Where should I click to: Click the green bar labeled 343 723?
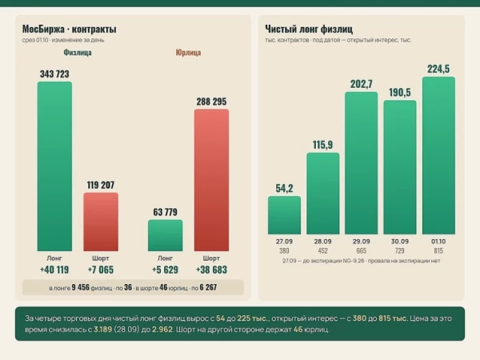tap(54, 166)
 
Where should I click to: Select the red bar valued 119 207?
tap(101, 222)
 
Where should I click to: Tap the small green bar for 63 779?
tap(166, 235)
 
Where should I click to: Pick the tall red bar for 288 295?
tap(211, 180)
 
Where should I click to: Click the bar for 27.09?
tap(284, 215)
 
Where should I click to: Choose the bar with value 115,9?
tap(323, 194)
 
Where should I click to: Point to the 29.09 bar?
tap(362, 163)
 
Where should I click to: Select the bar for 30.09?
tap(400, 167)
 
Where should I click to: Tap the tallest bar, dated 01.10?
tap(438, 155)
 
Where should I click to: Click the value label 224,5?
tap(438, 69)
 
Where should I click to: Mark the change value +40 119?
tap(54, 270)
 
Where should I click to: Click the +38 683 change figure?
tap(211, 270)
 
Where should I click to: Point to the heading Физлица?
tap(78, 52)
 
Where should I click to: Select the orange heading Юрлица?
tap(188, 52)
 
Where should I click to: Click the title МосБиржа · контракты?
tap(69, 29)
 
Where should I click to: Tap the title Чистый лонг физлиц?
tap(309, 29)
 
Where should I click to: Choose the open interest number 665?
tap(362, 250)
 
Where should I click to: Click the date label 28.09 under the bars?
tap(323, 242)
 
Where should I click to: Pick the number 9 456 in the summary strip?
tap(81, 287)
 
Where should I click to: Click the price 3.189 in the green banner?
tap(103, 330)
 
